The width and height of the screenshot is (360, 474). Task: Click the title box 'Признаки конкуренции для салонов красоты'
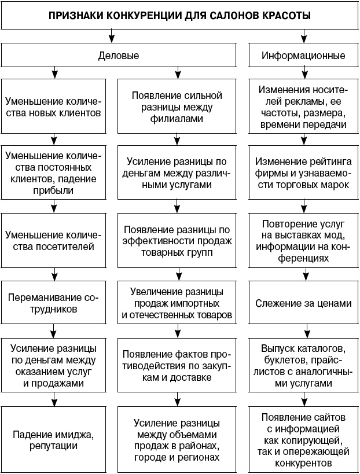coord(179,16)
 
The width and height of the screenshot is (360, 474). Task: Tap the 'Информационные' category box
coord(303,56)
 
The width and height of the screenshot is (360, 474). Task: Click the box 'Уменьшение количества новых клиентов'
coord(54,105)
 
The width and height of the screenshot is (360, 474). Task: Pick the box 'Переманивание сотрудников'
coord(54,304)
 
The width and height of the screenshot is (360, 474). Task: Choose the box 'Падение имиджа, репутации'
coord(54,440)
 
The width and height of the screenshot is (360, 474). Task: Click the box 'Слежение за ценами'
coord(303,303)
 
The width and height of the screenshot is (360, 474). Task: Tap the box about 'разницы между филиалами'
coord(176,105)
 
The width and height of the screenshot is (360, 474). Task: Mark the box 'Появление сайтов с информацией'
coord(303,440)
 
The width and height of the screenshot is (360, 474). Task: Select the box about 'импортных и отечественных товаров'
coord(176,304)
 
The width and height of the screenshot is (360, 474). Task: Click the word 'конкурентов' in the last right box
coord(303,463)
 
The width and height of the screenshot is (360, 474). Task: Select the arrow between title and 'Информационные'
coord(303,37)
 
